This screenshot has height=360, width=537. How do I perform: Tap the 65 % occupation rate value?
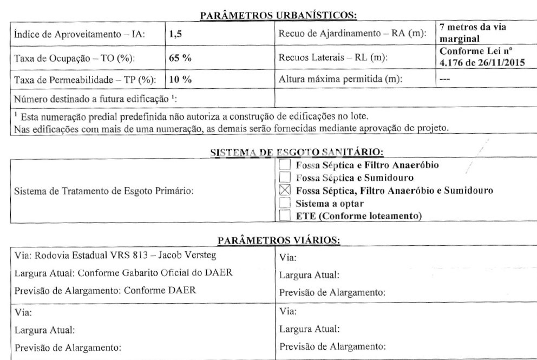pyautogui.click(x=178, y=58)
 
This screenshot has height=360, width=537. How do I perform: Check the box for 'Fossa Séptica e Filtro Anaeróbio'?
pyautogui.click(x=284, y=165)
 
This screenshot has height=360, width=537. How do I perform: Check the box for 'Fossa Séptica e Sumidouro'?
pyautogui.click(x=284, y=177)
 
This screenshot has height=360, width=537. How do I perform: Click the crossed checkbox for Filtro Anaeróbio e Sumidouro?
pyautogui.click(x=284, y=190)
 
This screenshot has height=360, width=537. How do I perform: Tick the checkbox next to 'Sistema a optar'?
pyautogui.click(x=284, y=203)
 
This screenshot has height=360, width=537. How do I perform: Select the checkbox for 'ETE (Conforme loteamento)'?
pyautogui.click(x=284, y=216)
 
